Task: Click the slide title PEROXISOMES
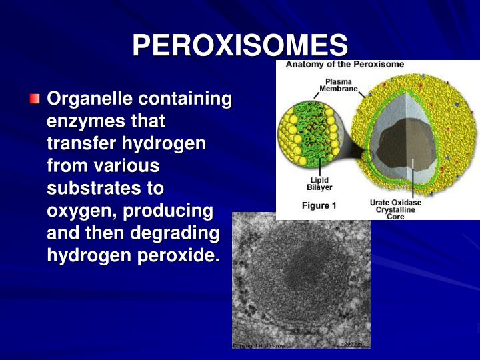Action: [x=240, y=46]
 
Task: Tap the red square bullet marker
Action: [x=35, y=100]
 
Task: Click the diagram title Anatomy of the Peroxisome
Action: [x=345, y=65]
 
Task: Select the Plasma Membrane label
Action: [x=339, y=85]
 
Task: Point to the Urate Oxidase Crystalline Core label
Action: [x=395, y=209]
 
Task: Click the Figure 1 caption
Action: [x=319, y=205]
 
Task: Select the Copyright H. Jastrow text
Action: [x=259, y=345]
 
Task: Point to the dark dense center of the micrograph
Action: [x=303, y=273]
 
